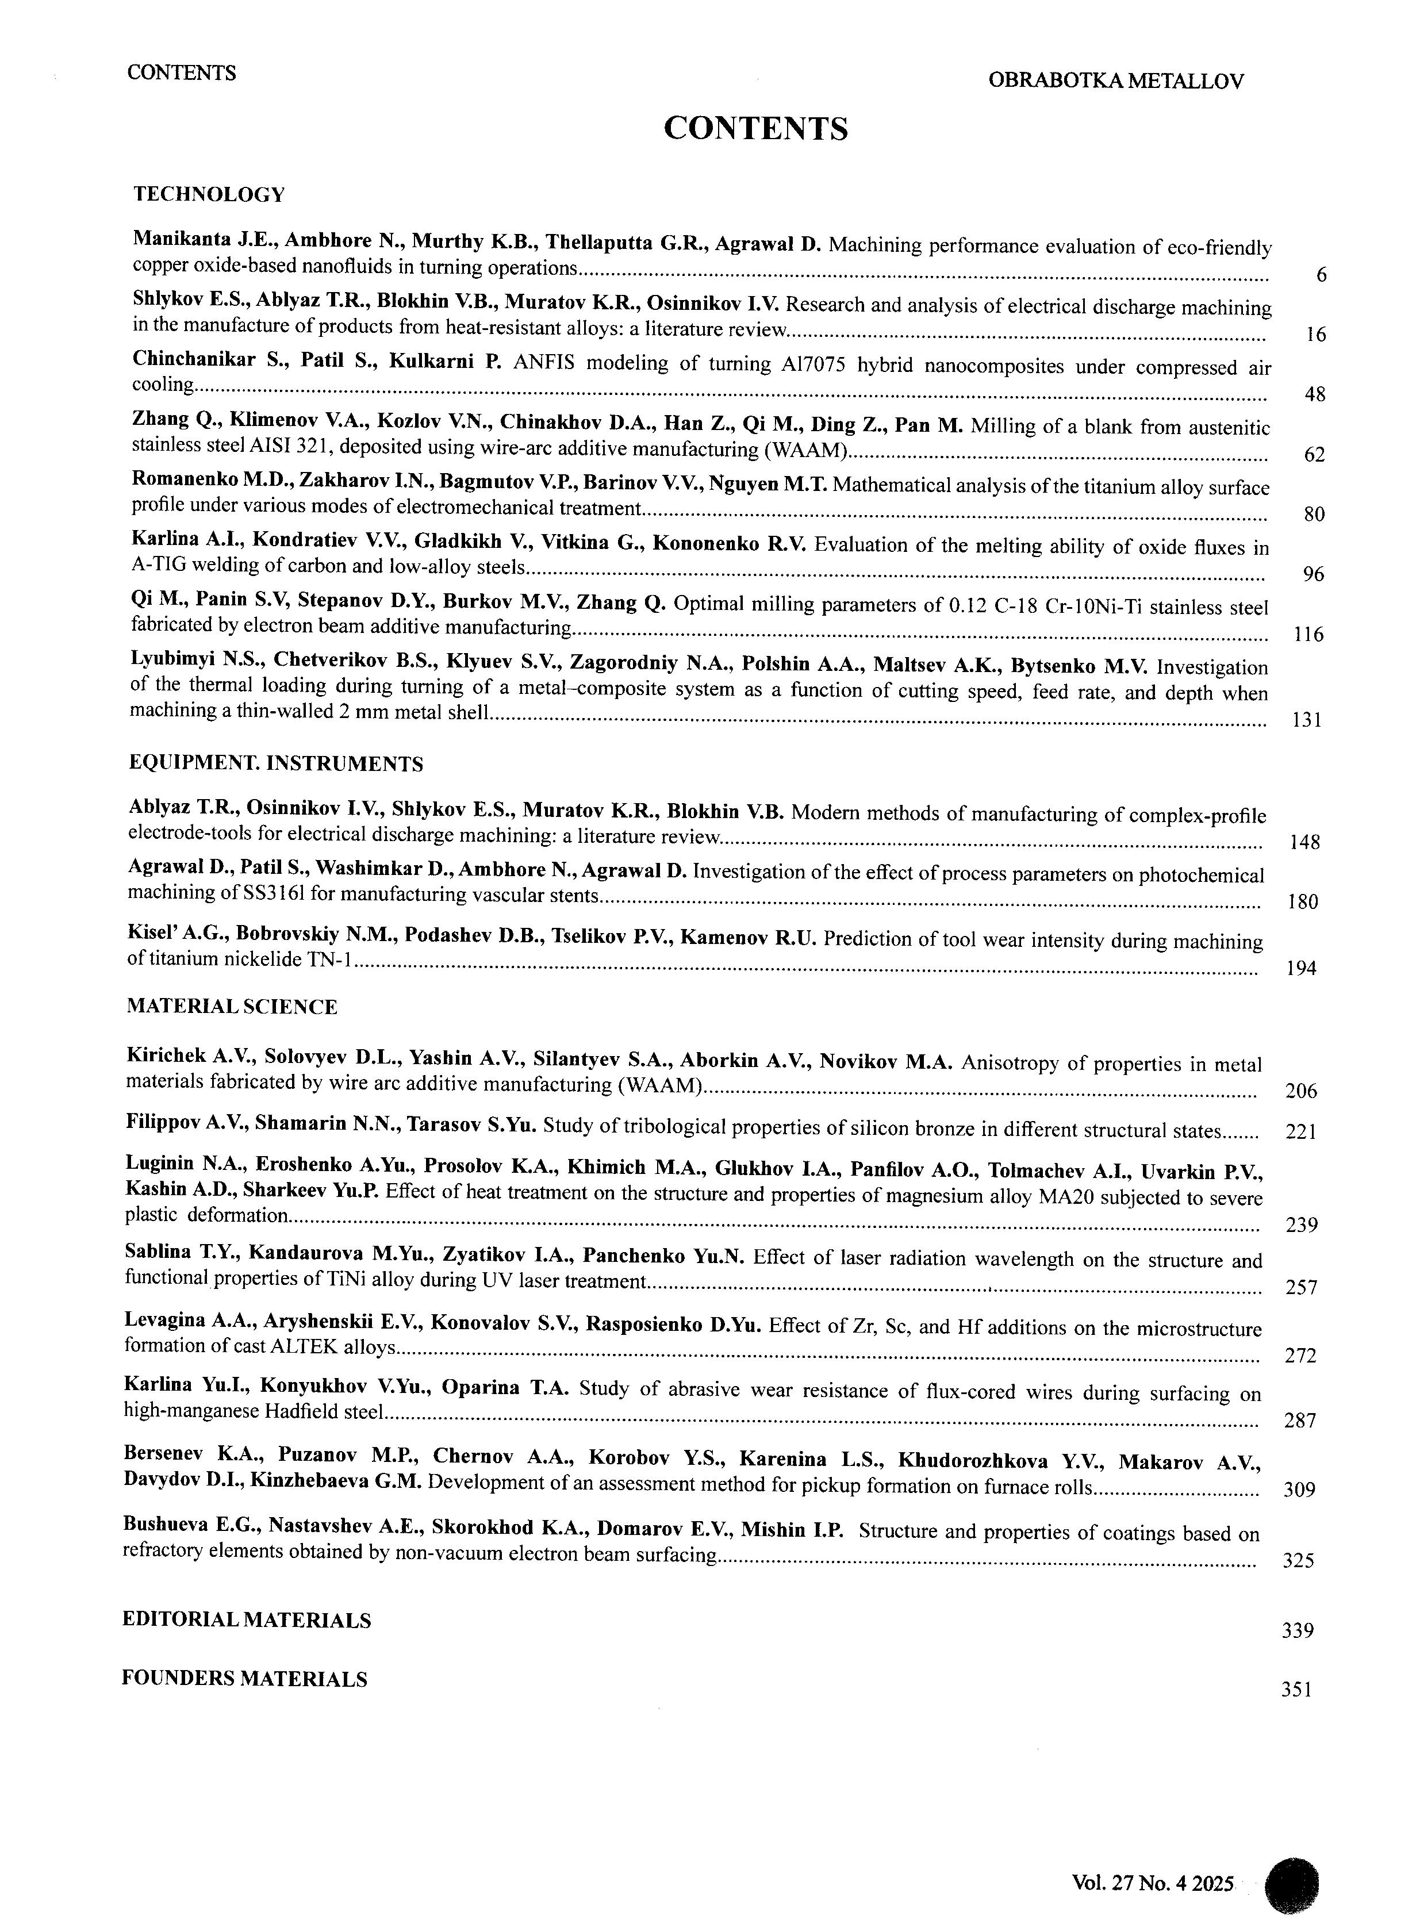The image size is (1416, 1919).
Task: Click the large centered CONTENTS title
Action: coord(755,129)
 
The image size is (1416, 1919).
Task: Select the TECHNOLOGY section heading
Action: coord(208,194)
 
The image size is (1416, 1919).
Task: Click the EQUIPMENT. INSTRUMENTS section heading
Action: coord(276,763)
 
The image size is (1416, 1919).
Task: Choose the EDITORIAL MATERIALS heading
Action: coord(246,1620)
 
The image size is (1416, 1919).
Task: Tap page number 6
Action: coord(1321,276)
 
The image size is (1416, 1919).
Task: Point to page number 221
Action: coord(1301,1132)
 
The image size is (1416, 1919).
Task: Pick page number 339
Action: coord(1298,1631)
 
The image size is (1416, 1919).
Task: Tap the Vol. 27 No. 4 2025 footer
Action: coord(1152,1883)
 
